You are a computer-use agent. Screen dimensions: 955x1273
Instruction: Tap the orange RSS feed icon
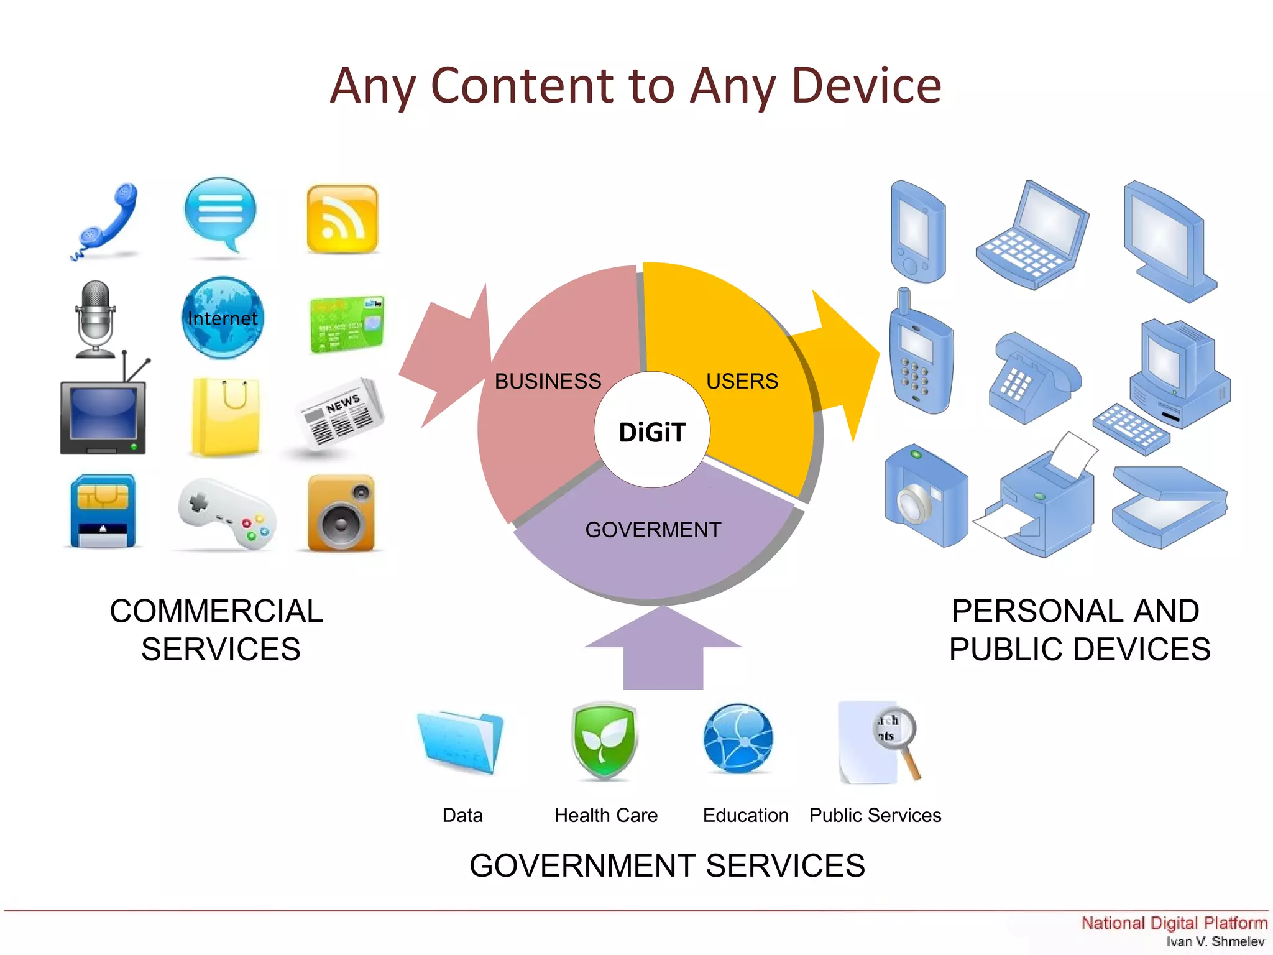coord(342,219)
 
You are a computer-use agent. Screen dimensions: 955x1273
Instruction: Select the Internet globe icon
coord(223,318)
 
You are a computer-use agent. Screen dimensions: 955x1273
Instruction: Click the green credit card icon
coord(347,325)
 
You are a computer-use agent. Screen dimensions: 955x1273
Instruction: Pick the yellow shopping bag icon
coord(226,417)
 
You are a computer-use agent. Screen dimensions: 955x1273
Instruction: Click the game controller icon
coord(227,514)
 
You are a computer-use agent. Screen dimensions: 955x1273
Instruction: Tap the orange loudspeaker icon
coord(341,514)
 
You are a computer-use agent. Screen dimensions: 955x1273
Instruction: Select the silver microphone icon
coord(95,318)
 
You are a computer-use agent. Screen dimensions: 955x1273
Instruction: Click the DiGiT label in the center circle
coord(652,432)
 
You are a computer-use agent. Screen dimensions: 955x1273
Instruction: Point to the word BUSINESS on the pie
coord(548,381)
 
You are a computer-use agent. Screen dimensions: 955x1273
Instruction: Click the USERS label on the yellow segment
coord(742,381)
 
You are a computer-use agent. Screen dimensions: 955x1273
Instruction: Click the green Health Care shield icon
coord(604,740)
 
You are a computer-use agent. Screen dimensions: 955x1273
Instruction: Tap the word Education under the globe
coord(745,815)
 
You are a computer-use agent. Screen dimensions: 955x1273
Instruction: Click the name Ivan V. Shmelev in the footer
coord(1215,942)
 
